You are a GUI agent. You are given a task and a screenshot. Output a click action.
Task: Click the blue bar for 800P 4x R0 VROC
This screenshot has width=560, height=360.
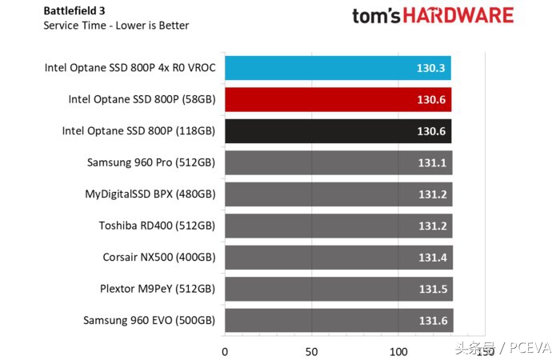(336, 68)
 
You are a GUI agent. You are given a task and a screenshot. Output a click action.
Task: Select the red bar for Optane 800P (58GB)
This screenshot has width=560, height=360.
(336, 99)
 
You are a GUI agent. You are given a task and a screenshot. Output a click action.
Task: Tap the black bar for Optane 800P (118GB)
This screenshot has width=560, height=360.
(336, 131)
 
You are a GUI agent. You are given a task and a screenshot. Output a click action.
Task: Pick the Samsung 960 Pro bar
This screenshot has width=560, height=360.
(336, 162)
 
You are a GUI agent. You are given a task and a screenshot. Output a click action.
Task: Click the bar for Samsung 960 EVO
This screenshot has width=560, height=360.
(336, 320)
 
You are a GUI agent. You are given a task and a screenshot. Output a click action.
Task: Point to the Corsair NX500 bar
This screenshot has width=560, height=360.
(336, 257)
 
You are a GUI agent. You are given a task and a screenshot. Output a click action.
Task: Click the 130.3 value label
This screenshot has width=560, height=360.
(431, 68)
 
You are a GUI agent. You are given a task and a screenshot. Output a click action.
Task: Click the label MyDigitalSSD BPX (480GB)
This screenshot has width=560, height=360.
(150, 194)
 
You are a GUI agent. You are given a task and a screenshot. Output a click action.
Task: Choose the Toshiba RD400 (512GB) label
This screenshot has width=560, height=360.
(157, 226)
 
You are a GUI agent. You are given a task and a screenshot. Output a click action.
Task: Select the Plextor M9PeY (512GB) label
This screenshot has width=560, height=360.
(154, 289)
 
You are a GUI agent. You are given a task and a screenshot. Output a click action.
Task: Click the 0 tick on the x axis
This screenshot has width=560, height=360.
(225, 350)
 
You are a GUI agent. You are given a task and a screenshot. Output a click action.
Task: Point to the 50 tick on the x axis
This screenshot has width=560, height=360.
(311, 350)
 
